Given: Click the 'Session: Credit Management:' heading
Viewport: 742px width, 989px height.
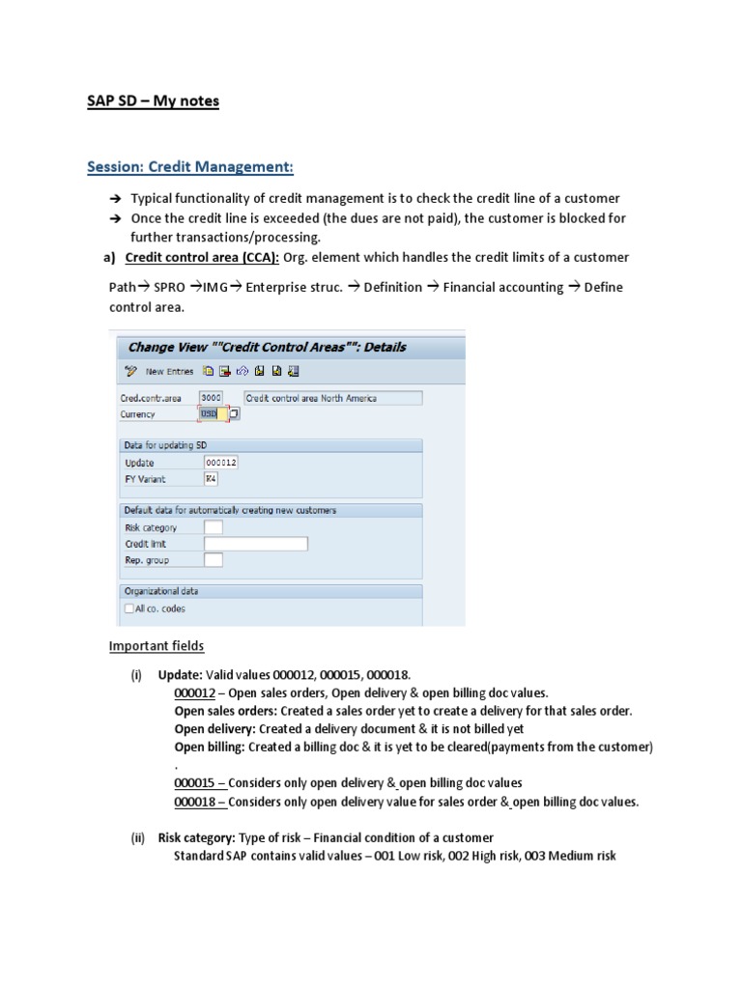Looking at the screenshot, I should pos(189,167).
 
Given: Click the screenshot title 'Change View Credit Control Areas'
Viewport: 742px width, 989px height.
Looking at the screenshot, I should pos(262,347).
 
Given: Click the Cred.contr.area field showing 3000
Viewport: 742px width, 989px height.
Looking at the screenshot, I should pos(211,398).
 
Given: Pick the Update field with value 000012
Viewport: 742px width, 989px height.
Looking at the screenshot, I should pos(220,463).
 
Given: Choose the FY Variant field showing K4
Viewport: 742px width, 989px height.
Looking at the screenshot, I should pos(212,478).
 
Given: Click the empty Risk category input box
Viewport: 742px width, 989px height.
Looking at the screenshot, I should pos(213,527).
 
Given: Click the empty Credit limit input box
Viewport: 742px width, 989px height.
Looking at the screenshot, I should pos(255,544).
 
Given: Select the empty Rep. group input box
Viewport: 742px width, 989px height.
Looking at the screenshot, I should pos(213,559).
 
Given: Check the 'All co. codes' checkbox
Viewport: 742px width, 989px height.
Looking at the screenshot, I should pos(128,608).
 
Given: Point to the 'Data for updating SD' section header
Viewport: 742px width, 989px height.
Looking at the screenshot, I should pos(165,445).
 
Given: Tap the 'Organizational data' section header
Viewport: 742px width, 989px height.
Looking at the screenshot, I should pos(160,591).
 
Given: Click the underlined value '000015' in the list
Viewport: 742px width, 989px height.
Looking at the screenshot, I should pos(196,782).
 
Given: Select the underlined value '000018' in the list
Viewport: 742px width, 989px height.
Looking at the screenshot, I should pos(196,801).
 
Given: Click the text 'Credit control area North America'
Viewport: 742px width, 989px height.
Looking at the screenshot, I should pos(312,398).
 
